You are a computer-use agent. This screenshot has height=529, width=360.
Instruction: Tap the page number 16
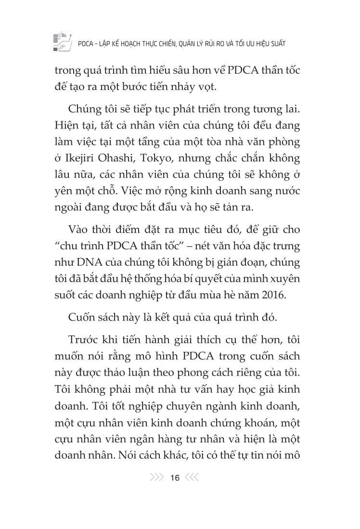point(175,478)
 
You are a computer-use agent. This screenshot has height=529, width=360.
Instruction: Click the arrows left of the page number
point(157,478)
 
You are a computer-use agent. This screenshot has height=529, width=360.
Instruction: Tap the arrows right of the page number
point(192,478)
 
